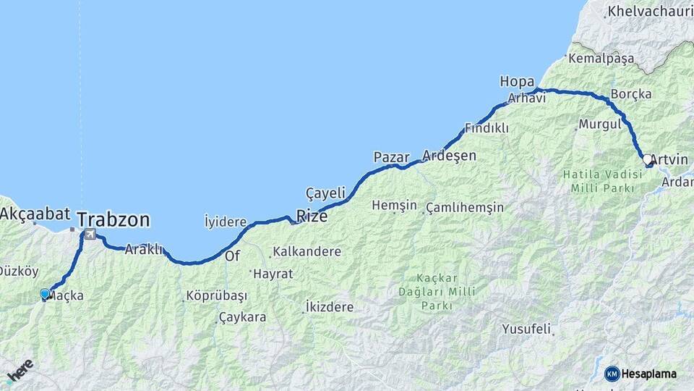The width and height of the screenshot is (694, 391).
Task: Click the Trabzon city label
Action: [x=113, y=219]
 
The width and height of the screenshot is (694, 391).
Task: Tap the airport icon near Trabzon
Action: [x=90, y=234]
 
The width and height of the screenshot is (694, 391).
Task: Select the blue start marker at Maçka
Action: [x=45, y=293]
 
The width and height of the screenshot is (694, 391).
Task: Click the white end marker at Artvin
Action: [x=647, y=159]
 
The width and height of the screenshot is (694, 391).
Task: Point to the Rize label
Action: [x=312, y=216]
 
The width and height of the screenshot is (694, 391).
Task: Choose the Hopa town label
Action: [x=517, y=82]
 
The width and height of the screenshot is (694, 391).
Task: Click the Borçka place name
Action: [x=631, y=94]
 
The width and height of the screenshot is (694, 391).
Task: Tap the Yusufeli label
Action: [x=527, y=329]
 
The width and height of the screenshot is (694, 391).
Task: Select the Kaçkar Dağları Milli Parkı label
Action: [x=437, y=292]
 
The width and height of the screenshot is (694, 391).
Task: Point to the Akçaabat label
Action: [x=35, y=214]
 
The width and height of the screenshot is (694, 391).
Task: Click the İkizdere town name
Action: [x=330, y=307]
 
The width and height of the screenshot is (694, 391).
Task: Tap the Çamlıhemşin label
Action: [x=465, y=207]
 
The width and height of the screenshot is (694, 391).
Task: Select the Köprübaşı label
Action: [x=216, y=296]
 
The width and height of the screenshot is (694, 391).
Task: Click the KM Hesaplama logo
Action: [x=641, y=374]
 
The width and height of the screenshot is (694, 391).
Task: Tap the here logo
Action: [x=20, y=370]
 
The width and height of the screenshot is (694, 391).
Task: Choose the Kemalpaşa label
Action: [x=601, y=57]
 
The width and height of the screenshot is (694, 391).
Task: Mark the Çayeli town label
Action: [x=325, y=193]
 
